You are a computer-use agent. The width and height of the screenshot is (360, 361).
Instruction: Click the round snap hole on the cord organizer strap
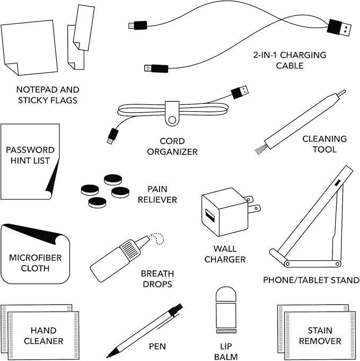tap(171, 120)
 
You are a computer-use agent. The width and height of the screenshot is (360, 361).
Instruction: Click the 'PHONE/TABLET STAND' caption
tap(311, 280)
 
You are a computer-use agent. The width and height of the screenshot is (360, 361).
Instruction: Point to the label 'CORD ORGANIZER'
tap(172, 146)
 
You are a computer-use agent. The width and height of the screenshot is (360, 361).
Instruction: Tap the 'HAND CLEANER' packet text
tap(43, 336)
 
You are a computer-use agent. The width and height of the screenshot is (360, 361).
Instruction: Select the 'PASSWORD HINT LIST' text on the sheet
tap(30, 155)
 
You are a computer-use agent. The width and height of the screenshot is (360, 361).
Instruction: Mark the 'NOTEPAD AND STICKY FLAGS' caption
tap(48, 95)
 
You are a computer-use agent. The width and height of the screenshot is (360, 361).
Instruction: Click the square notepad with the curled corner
tap(29, 48)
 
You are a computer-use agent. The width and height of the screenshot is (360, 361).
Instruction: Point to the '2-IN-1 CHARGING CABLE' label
tap(289, 60)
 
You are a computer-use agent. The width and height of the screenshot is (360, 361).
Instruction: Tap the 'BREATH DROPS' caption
tap(157, 279)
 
